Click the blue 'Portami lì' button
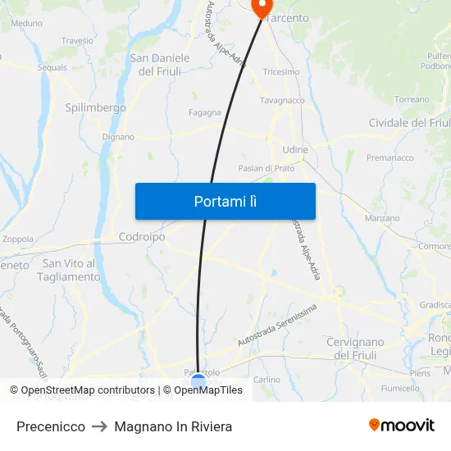click(225, 201)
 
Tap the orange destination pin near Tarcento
click(261, 8)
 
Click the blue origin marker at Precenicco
click(198, 381)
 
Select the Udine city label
click(294, 150)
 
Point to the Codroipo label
click(142, 236)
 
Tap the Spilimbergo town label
click(95, 107)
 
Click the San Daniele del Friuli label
click(160, 65)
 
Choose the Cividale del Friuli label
click(409, 123)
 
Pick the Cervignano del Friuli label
click(355, 348)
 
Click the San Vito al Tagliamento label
click(71, 270)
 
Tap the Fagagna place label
click(204, 113)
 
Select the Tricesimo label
click(281, 72)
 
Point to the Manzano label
click(382, 219)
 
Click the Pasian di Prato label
click(266, 168)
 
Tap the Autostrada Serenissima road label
click(276, 325)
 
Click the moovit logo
click(402, 425)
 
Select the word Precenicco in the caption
click(51, 426)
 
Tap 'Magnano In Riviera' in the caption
click(173, 426)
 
